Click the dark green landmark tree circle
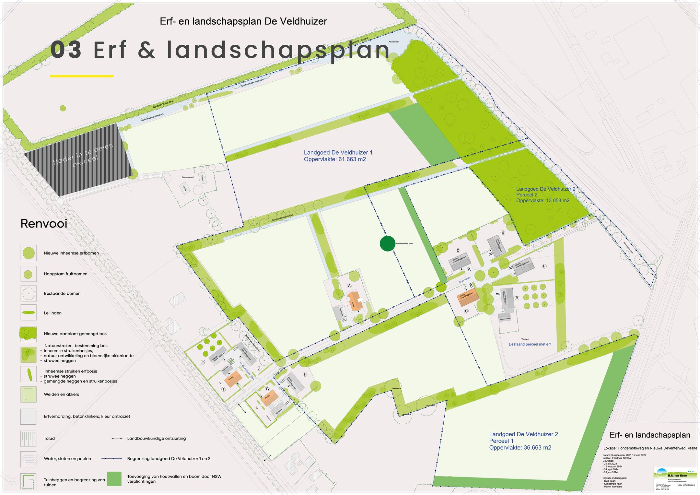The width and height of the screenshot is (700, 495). (387, 243)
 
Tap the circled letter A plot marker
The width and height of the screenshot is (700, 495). (349, 286)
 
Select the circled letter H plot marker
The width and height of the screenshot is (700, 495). (305, 374)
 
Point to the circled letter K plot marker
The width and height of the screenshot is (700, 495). (204, 362)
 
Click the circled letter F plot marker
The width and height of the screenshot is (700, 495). (544, 266)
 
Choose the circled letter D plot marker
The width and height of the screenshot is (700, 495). (458, 251)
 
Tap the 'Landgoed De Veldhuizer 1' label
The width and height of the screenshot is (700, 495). (338, 152)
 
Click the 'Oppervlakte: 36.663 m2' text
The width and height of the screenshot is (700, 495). (520, 448)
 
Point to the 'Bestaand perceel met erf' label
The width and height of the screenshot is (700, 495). (530, 344)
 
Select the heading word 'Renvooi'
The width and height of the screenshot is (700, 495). (44, 224)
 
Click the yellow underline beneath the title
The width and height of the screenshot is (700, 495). (82, 76)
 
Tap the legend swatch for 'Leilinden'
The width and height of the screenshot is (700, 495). (29, 313)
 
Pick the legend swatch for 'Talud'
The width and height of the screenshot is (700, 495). (29, 439)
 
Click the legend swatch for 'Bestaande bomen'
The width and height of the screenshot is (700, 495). (29, 294)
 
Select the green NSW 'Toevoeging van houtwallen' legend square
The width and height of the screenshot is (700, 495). (114, 479)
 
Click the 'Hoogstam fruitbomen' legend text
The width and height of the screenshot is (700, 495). (65, 274)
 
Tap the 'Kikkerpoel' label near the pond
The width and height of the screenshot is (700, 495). (393, 42)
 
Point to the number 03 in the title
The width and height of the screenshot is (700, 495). (66, 50)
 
